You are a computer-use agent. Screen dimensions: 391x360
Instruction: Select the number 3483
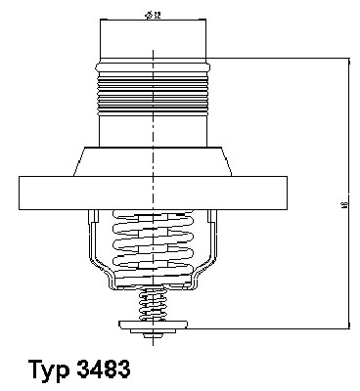(x=102, y=370)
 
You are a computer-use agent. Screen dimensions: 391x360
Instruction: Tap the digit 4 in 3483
(x=95, y=370)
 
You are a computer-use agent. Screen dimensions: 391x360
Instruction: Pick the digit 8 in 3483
(x=109, y=370)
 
